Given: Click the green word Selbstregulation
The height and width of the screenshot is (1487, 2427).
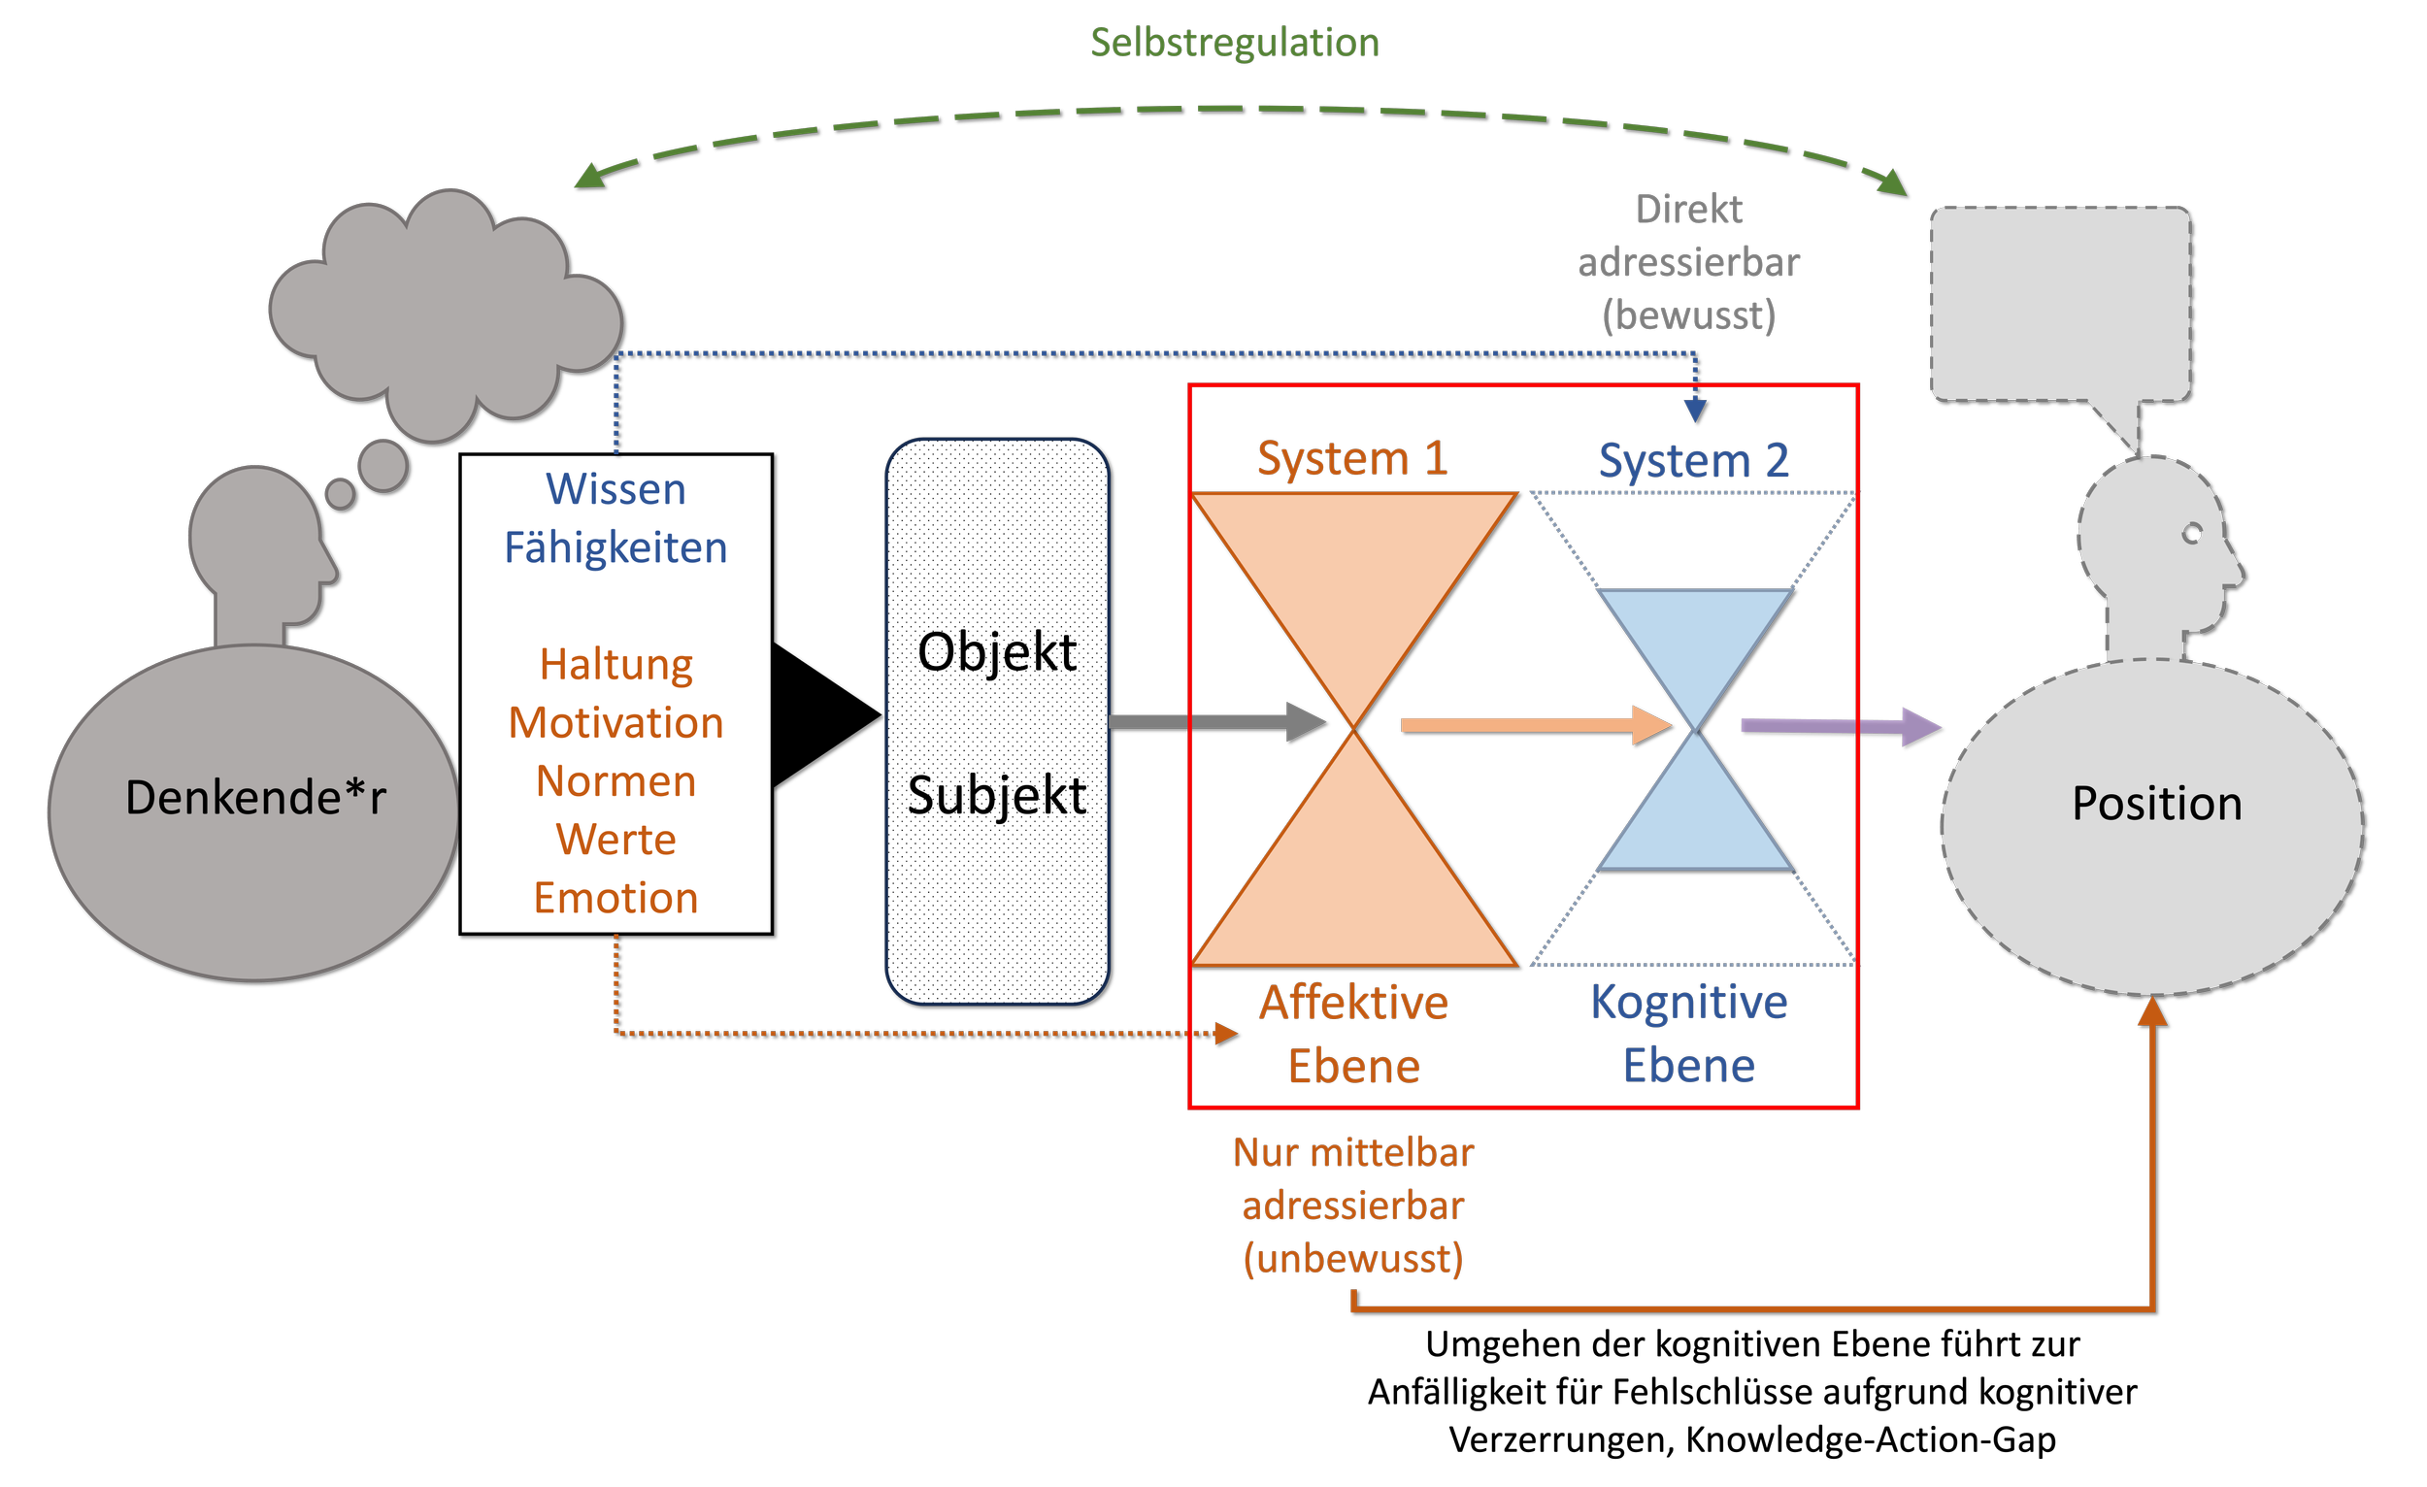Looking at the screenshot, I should (1234, 44).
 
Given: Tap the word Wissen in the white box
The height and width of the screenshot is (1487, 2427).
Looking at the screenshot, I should (615, 489).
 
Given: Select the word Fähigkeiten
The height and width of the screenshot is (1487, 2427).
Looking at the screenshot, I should (615, 547).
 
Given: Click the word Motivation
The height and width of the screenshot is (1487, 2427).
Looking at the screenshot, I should (615, 723).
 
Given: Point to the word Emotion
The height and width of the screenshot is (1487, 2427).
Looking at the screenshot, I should (615, 898).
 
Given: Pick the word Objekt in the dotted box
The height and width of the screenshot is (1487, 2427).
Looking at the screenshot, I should (997, 652).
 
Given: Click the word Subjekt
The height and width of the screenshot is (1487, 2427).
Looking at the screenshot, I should (997, 795).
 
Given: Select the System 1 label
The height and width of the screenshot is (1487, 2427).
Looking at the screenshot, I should (1351, 459).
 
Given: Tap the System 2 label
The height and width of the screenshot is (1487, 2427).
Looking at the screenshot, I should (1693, 461).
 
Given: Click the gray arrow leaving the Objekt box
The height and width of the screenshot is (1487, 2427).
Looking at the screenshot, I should (1212, 722).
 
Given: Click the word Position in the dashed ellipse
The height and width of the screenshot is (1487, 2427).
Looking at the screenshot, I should (2156, 804).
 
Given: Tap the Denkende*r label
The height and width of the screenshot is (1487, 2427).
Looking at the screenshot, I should (255, 798).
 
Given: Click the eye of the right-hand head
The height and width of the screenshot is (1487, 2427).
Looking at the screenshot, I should (2192, 534).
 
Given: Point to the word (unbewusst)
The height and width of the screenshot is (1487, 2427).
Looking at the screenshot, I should (1352, 1259).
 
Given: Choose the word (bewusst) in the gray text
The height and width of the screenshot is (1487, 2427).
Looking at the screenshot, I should (1688, 316).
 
